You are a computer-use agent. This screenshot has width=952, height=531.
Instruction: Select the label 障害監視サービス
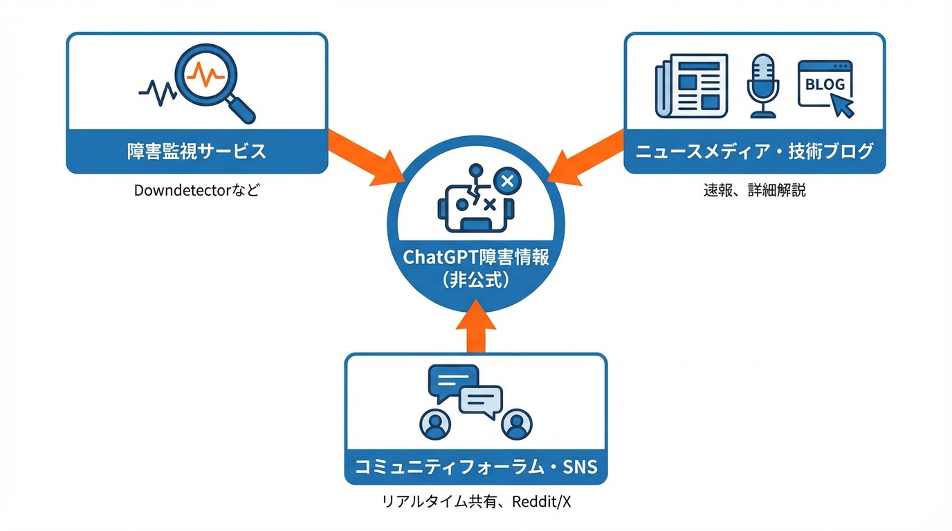[x=196, y=151]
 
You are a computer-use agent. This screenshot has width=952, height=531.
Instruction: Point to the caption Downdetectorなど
[x=196, y=190]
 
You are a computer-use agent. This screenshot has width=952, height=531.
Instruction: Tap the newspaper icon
[x=691, y=86]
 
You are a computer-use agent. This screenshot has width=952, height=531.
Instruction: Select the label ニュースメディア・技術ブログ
[x=754, y=151]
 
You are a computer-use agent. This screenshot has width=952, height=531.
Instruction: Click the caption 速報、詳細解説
[x=754, y=190]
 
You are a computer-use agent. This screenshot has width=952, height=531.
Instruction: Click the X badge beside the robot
[x=506, y=182]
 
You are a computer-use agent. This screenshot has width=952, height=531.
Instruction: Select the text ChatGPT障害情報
[x=476, y=257]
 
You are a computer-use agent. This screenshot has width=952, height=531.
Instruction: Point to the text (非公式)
[x=476, y=280]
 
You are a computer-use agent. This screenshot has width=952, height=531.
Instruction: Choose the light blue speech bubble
[x=481, y=400]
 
